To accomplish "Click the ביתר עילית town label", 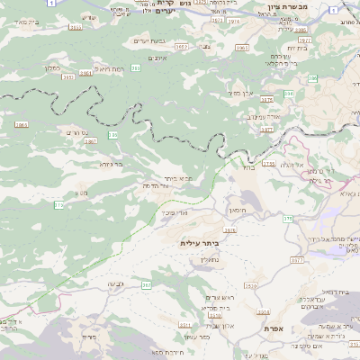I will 200,243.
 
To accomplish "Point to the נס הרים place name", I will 76,132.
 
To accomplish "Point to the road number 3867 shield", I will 91,140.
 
